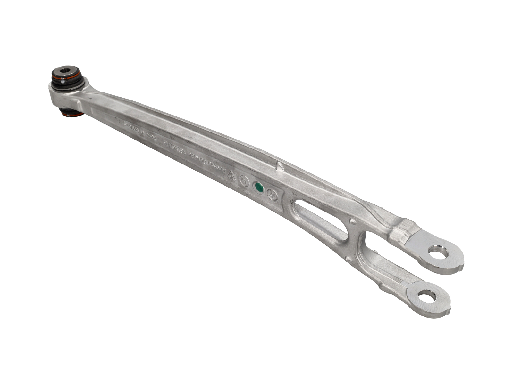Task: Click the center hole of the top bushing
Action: tap(66, 70)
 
